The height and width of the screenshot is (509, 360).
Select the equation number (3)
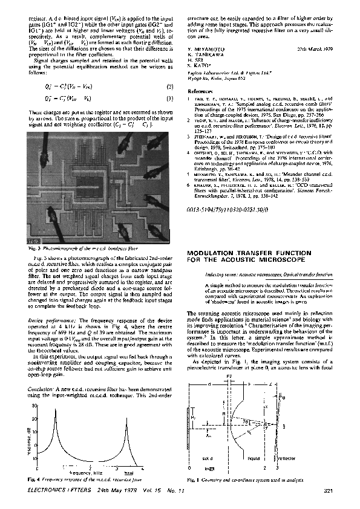171,99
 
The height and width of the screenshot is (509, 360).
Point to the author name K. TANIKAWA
204,54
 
